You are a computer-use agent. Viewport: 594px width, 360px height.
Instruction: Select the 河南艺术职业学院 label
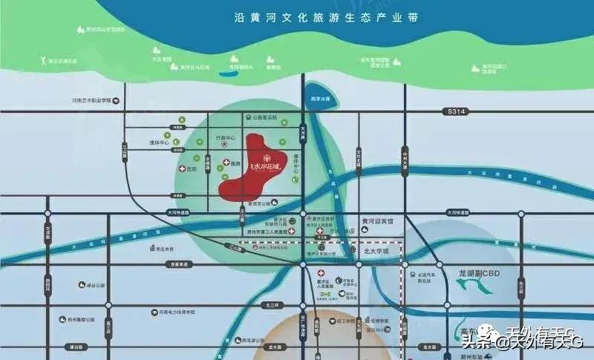(x=91, y=99)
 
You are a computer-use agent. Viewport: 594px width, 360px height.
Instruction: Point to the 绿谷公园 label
(x=96, y=284)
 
